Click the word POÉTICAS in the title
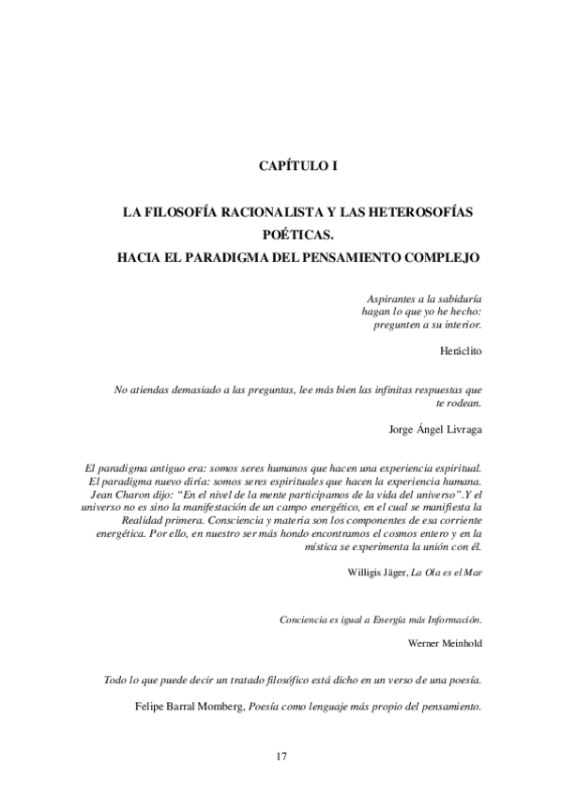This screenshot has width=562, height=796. (297, 235)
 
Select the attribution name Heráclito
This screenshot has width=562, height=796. (460, 349)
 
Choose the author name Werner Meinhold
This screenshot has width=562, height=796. (446, 643)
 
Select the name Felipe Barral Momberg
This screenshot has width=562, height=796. (188, 709)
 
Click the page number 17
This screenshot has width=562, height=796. (281, 757)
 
